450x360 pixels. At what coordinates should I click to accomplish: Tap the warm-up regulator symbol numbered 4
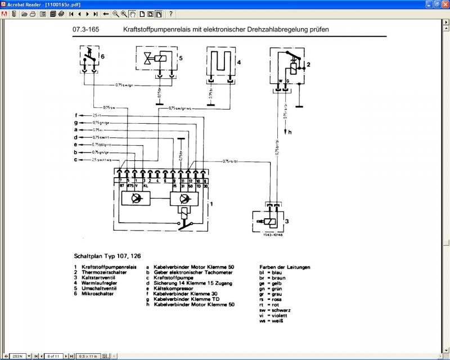[220, 62]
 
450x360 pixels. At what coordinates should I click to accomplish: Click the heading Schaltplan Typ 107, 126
[103, 254]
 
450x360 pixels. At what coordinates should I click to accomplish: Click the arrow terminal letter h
[290, 133]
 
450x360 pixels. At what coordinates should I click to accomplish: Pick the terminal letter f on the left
[75, 115]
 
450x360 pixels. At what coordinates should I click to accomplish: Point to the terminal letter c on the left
[75, 160]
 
